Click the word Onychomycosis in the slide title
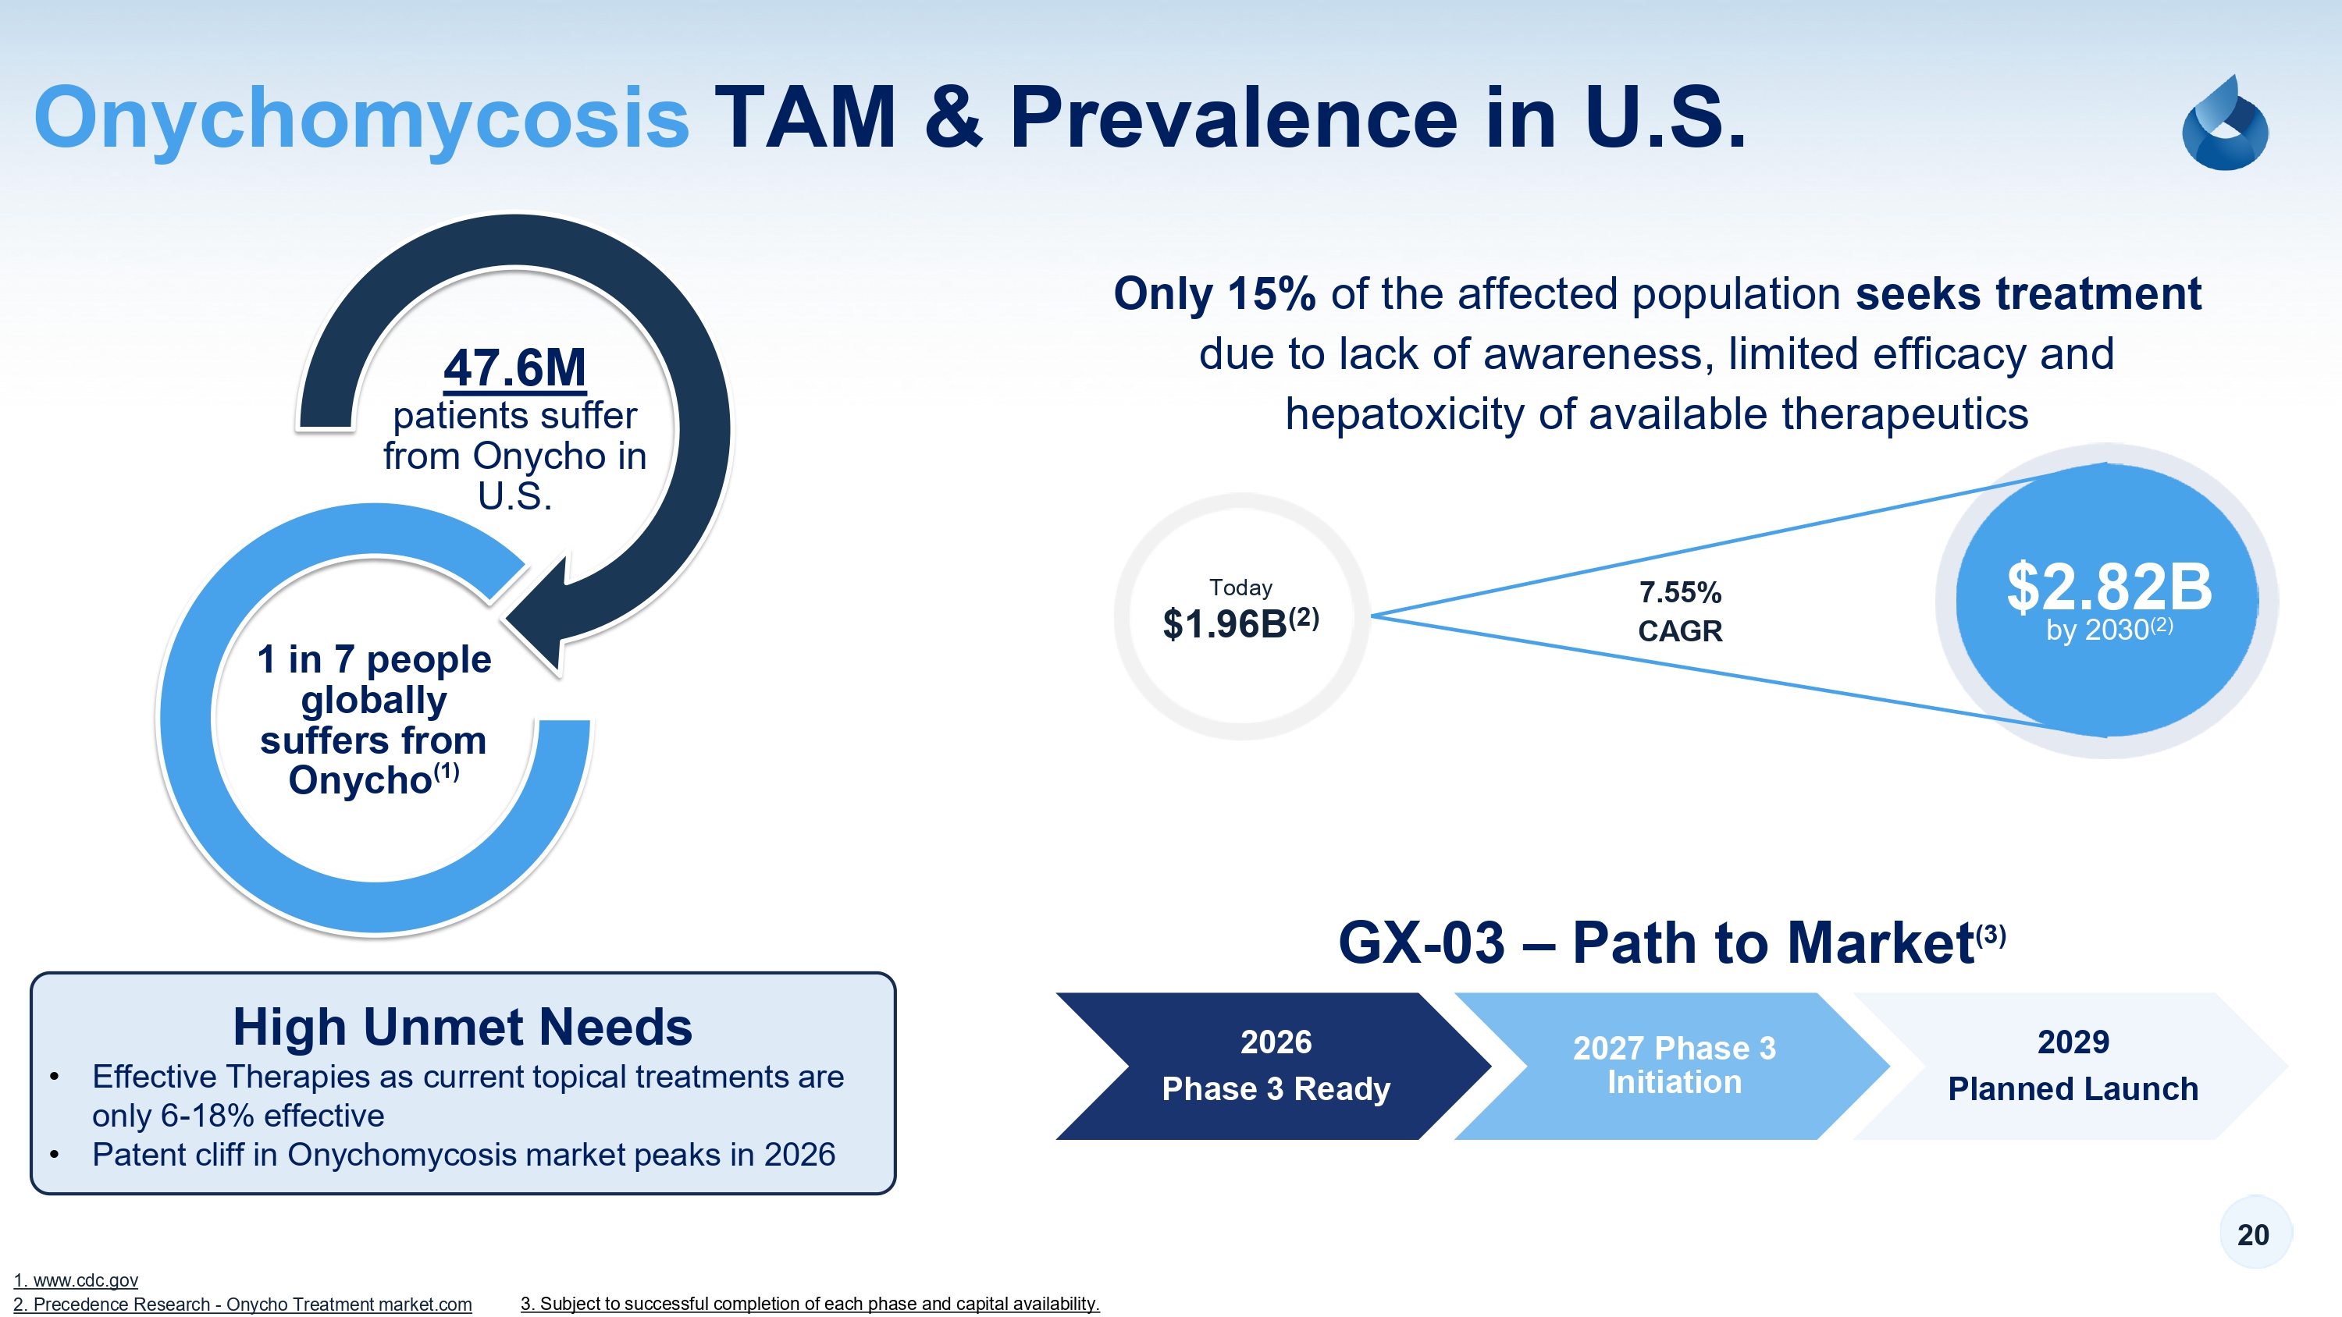coord(361,118)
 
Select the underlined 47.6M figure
coord(514,368)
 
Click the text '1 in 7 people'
coord(374,659)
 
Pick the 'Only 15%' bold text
coord(1214,294)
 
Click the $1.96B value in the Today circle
coord(1225,624)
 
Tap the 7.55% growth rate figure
coord(1679,593)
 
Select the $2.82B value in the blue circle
coord(2109,588)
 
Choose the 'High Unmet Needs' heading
coord(462,1026)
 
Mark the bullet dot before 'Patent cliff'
coord(55,1154)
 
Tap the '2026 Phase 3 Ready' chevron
coord(1275,1065)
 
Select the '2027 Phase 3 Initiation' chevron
coord(1673,1065)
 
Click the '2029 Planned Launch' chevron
coord(2072,1065)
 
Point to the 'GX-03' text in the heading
coord(1421,942)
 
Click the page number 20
coord(2253,1234)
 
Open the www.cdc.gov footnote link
coord(77,1280)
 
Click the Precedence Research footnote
coord(243,1305)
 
